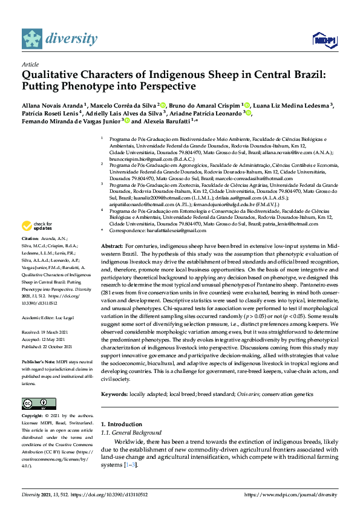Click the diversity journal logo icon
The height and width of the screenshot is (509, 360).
pyautogui.click(x=33, y=39)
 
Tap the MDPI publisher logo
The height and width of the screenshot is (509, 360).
pyautogui.click(x=324, y=40)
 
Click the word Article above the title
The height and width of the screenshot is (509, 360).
pyautogui.click(x=30, y=64)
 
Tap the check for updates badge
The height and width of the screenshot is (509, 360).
pyautogui.click(x=36, y=243)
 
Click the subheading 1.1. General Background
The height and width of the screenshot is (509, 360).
pyautogui.click(x=131, y=433)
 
